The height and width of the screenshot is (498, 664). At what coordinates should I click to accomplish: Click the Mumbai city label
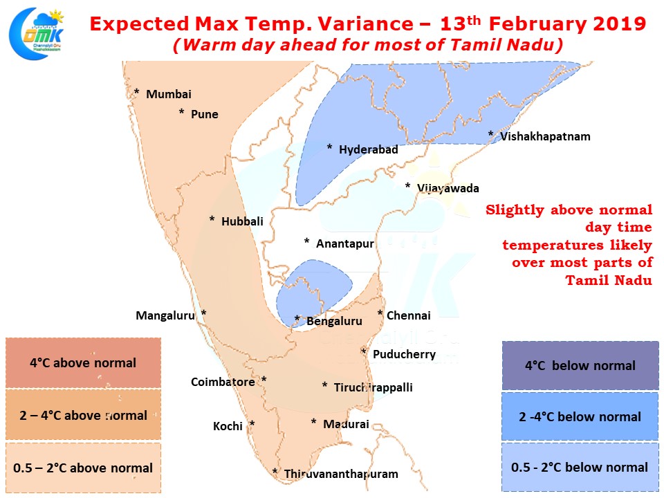click(x=169, y=95)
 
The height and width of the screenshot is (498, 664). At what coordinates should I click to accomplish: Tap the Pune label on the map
click(x=205, y=114)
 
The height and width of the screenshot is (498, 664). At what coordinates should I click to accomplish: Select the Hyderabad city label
click(x=369, y=149)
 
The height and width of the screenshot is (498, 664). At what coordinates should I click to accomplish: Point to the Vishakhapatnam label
click(x=545, y=137)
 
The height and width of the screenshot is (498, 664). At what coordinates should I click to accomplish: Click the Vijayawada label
click(x=448, y=188)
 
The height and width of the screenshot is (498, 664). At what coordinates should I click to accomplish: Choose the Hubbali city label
click(x=242, y=221)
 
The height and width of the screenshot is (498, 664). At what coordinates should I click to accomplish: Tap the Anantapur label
click(x=345, y=244)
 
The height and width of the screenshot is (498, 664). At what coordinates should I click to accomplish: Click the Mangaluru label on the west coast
click(x=165, y=316)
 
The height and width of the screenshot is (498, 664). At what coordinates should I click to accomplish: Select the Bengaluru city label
click(x=334, y=322)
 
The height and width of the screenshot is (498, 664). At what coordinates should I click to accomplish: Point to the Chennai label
click(x=409, y=315)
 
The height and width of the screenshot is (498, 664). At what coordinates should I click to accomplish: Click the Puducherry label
click(x=405, y=354)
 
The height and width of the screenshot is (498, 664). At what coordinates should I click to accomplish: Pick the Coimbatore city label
click(x=223, y=382)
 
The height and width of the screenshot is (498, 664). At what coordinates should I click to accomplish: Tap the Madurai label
click(x=346, y=424)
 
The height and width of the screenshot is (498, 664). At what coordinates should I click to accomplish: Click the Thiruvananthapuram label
click(x=341, y=474)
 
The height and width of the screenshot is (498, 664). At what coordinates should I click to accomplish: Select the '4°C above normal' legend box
click(x=84, y=363)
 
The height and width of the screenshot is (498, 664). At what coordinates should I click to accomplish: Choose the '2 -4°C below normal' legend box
click(x=580, y=416)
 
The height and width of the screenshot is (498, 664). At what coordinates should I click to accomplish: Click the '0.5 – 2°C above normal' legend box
click(x=84, y=468)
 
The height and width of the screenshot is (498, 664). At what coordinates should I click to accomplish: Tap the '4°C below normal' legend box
click(x=580, y=365)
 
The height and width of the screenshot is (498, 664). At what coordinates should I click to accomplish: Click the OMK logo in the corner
click(x=37, y=33)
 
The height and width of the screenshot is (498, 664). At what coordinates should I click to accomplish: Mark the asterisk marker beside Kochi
click(x=252, y=424)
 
